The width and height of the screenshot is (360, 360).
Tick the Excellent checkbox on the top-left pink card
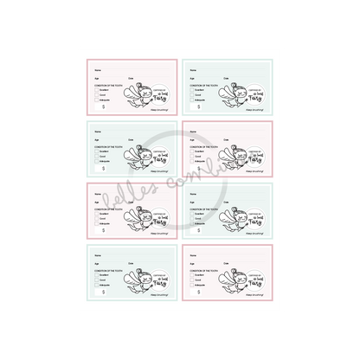coord(95,89)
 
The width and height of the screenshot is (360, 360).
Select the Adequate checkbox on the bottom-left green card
coord(95,282)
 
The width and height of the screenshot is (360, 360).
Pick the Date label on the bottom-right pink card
coord(228,259)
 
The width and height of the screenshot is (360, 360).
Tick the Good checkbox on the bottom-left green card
coord(95,277)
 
